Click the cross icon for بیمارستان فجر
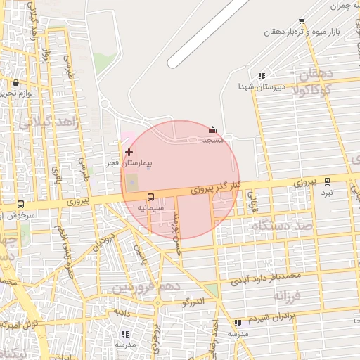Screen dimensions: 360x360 coord(129,152)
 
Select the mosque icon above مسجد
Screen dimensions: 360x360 coord(213,130)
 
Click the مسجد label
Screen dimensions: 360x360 coord(213,141)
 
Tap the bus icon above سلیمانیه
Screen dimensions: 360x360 coord(151,197)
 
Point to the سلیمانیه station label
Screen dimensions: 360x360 coord(151,208)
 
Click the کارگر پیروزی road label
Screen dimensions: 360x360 coord(217,188)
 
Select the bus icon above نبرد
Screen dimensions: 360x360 coord(327,181)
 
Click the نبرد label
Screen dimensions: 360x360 coord(327,192)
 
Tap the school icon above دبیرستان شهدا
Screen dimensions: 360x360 coord(262,76)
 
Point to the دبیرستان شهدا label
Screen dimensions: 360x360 coord(259,86)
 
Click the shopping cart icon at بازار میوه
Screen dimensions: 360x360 coord(302,21)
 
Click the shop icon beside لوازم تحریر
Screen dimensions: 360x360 coord(15,83)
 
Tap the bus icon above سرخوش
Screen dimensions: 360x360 coord(20,205)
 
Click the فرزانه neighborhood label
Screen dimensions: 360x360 coord(288,294)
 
